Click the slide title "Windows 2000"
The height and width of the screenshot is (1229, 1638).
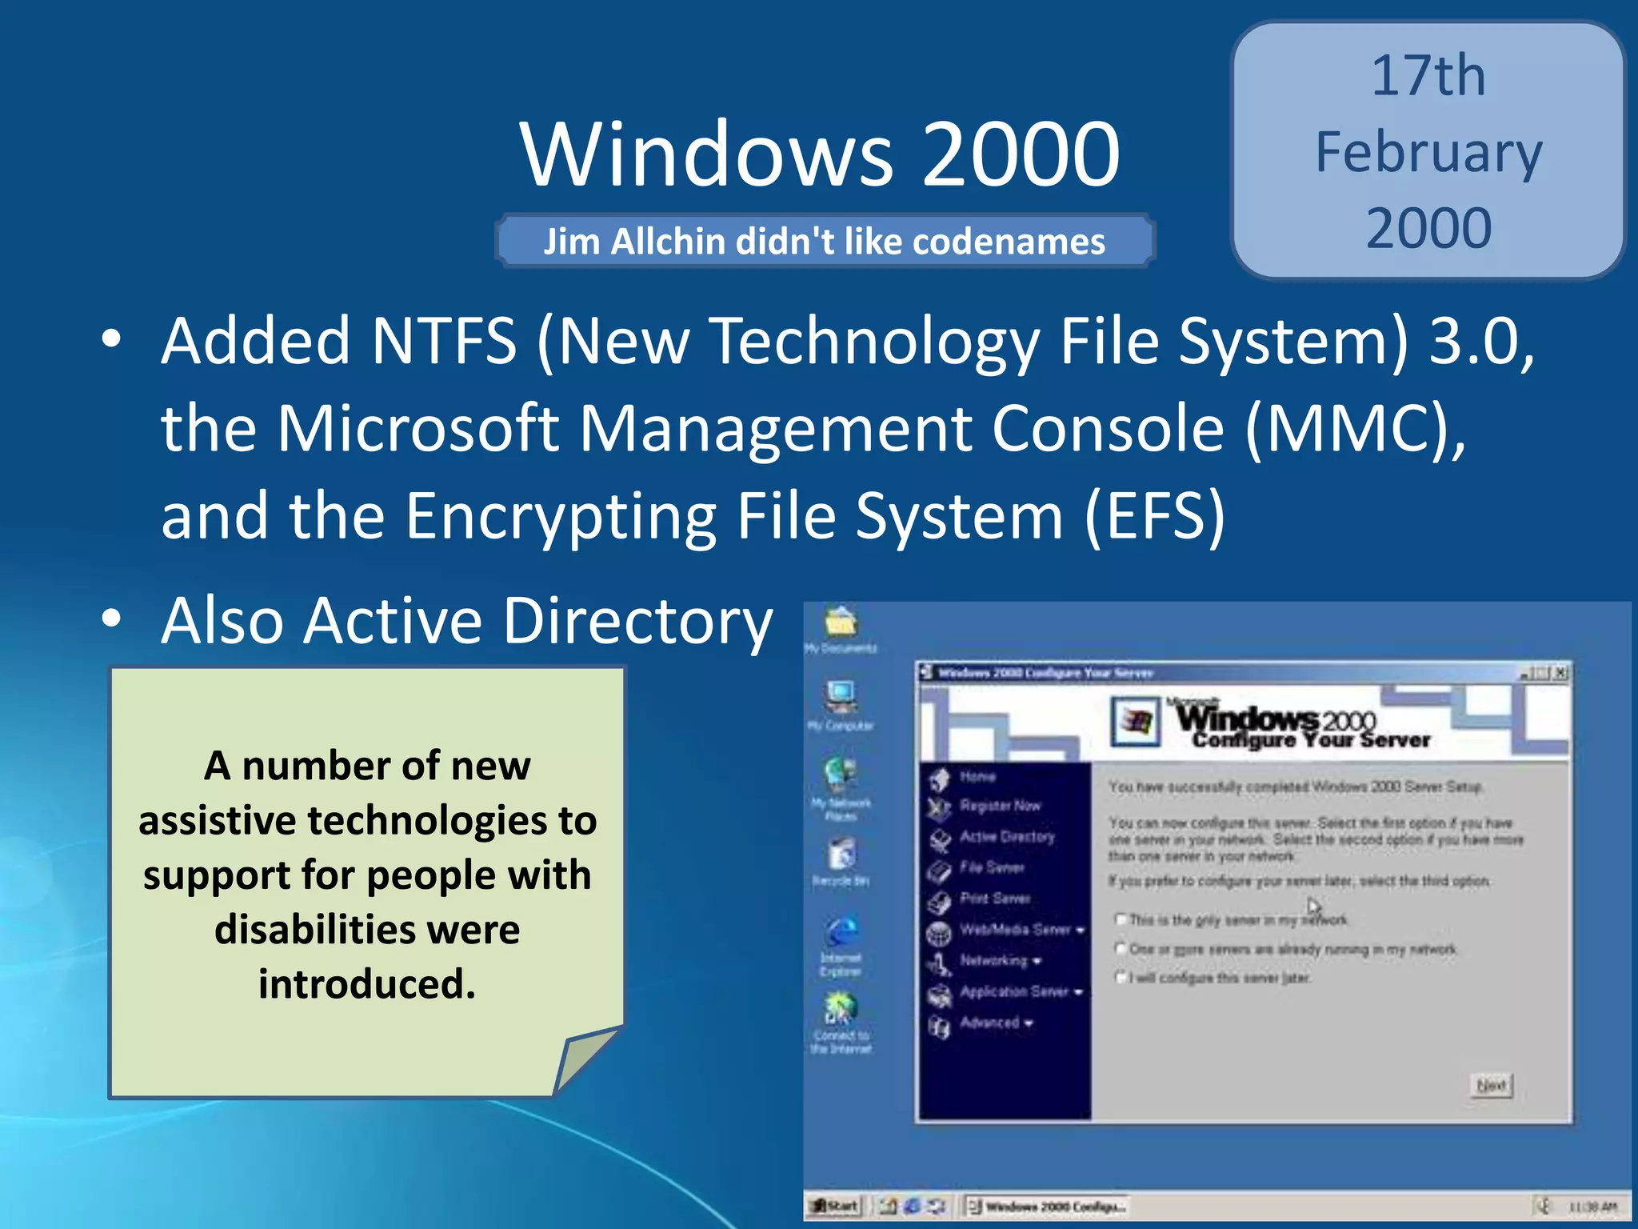pyautogui.click(x=820, y=154)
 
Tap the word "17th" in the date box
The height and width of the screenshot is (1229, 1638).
pyautogui.click(x=1428, y=77)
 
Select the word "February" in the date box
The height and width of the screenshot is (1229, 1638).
pyautogui.click(x=1428, y=154)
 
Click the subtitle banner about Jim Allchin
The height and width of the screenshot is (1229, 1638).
pyautogui.click(x=825, y=241)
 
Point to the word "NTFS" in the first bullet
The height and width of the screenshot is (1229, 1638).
pyautogui.click(x=444, y=342)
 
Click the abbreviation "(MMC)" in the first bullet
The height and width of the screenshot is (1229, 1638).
pyautogui.click(x=1355, y=429)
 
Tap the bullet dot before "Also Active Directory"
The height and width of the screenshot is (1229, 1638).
pyautogui.click(x=112, y=619)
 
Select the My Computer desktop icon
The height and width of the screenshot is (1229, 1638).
pyautogui.click(x=841, y=698)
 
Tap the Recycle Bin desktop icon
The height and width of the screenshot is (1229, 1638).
pyautogui.click(x=841, y=855)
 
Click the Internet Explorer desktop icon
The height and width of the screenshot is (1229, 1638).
pyautogui.click(x=841, y=933)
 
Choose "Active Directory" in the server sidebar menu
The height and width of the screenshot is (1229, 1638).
pyautogui.click(x=1007, y=837)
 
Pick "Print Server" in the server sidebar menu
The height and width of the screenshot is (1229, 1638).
pyautogui.click(x=995, y=899)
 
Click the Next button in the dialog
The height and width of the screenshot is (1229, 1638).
pyautogui.click(x=1492, y=1085)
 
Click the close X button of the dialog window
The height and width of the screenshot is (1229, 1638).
pyautogui.click(x=1560, y=673)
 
